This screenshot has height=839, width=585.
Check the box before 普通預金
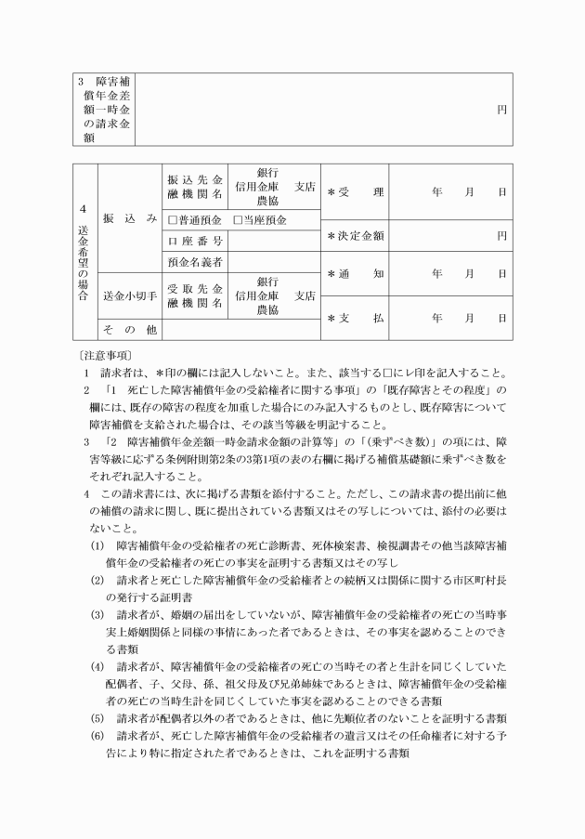point(173,220)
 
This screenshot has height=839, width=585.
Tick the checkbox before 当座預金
point(238,220)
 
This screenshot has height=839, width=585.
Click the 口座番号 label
point(194,242)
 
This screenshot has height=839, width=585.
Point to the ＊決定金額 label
point(356,236)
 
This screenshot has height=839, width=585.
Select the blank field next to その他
point(240,329)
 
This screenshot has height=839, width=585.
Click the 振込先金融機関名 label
point(194,186)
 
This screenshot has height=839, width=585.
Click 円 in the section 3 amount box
point(501,109)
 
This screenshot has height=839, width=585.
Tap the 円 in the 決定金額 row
point(501,236)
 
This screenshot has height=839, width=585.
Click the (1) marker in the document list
point(97,544)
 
